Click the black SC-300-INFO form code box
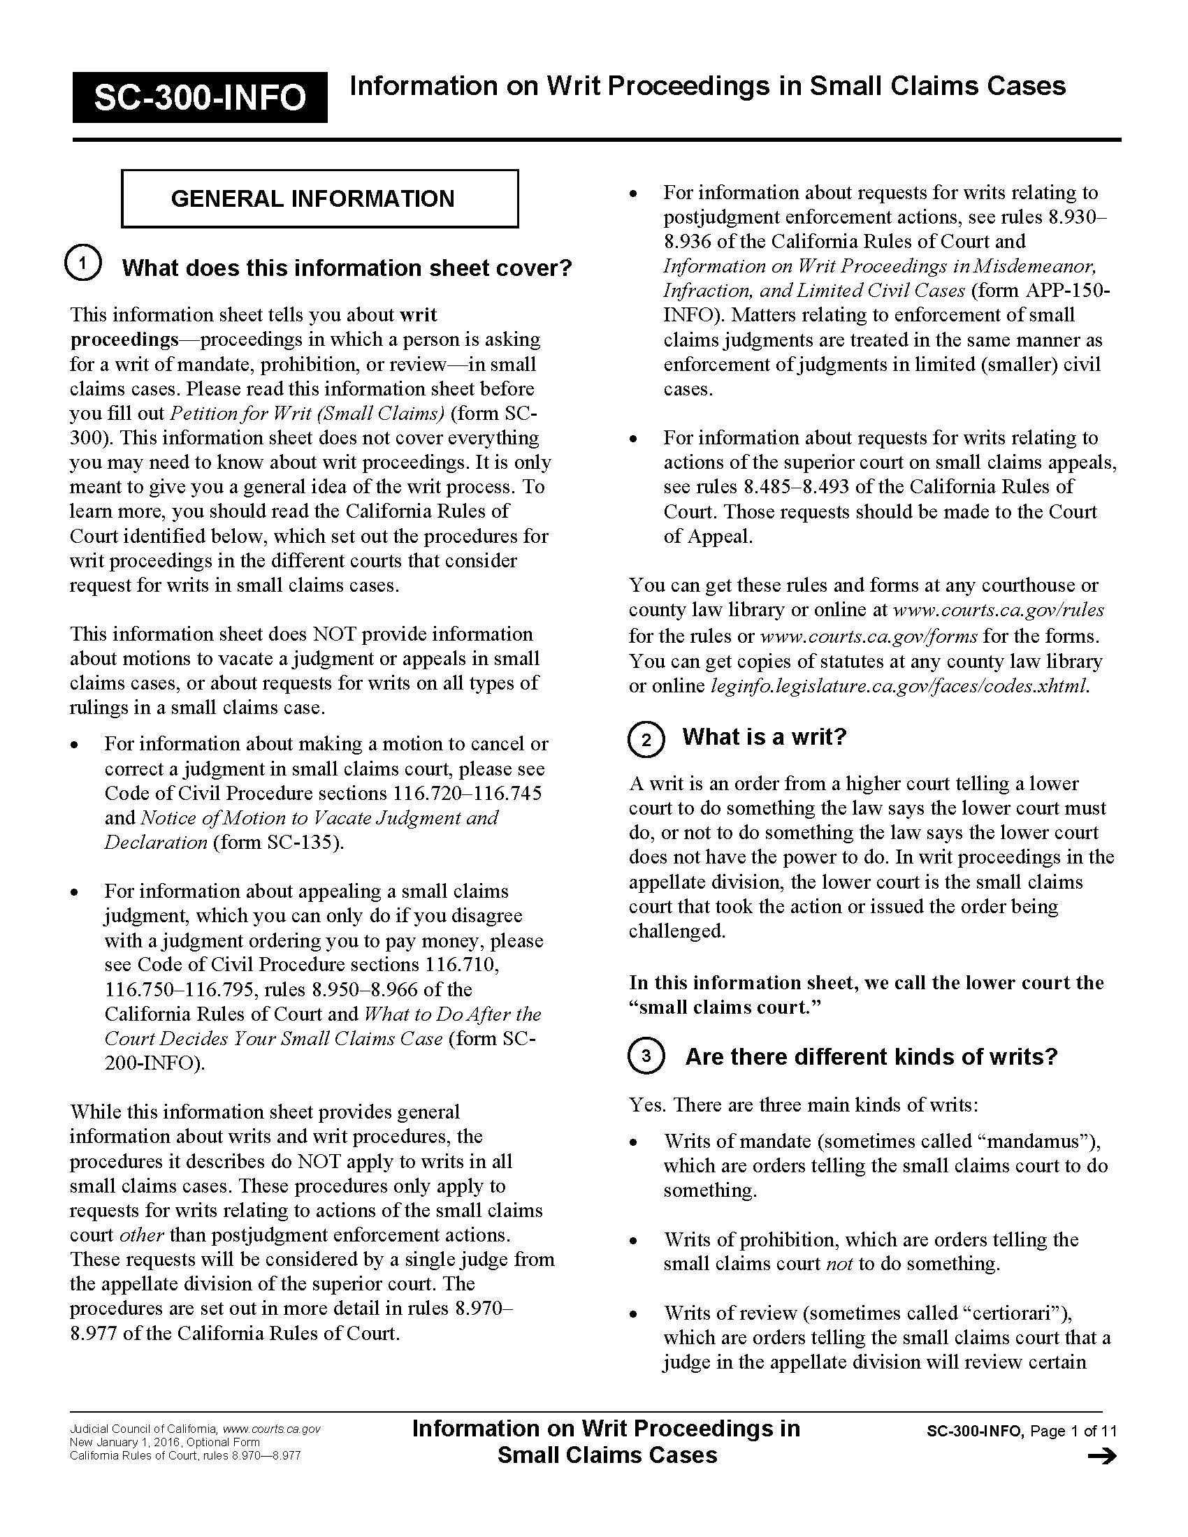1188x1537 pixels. pyautogui.click(x=199, y=97)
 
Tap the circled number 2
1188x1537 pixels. pyautogui.click(x=646, y=739)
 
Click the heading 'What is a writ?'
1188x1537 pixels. pyautogui.click(x=765, y=737)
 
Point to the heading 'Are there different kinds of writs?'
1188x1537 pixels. pyautogui.click(x=871, y=1056)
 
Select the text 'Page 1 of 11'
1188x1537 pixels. pyautogui.click(x=1073, y=1431)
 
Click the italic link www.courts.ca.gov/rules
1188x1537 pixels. pyautogui.click(x=998, y=609)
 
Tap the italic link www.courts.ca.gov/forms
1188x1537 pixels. pyautogui.click(x=869, y=636)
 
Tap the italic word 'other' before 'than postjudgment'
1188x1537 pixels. pyautogui.click(x=141, y=1235)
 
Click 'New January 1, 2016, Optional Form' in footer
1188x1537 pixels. pyautogui.click(x=165, y=1442)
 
